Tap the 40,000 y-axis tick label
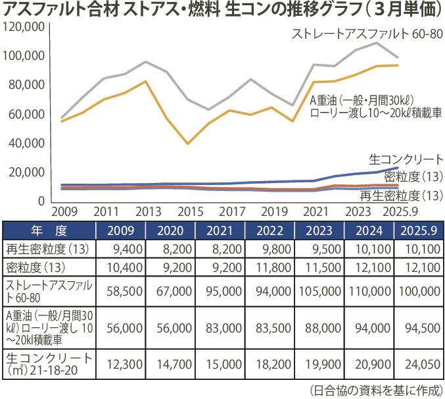click(26, 143)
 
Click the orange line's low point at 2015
click(189, 144)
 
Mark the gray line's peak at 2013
click(146, 62)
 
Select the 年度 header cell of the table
click(49, 230)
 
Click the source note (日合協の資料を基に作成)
click(376, 388)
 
